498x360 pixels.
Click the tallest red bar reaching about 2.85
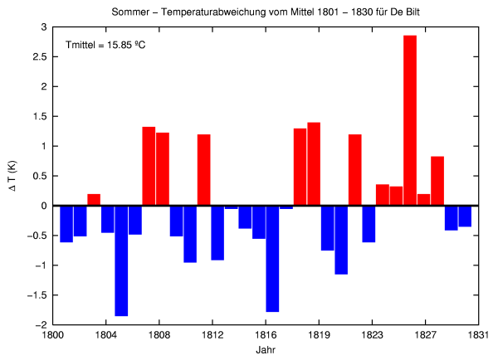coord(410,120)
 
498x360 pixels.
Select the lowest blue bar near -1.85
coord(121,260)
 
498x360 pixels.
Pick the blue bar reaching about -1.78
coord(272,258)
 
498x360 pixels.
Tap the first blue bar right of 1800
coord(66,224)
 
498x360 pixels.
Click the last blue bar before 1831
coord(465,216)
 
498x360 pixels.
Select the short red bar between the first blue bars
coord(94,200)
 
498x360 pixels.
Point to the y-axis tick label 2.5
coord(39,57)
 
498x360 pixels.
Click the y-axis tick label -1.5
coord(37,294)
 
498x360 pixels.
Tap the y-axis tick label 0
coord(44,206)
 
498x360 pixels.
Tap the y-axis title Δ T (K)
coord(12,176)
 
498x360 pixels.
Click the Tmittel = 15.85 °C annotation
coord(105,45)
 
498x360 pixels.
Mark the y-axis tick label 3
coord(44,27)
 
